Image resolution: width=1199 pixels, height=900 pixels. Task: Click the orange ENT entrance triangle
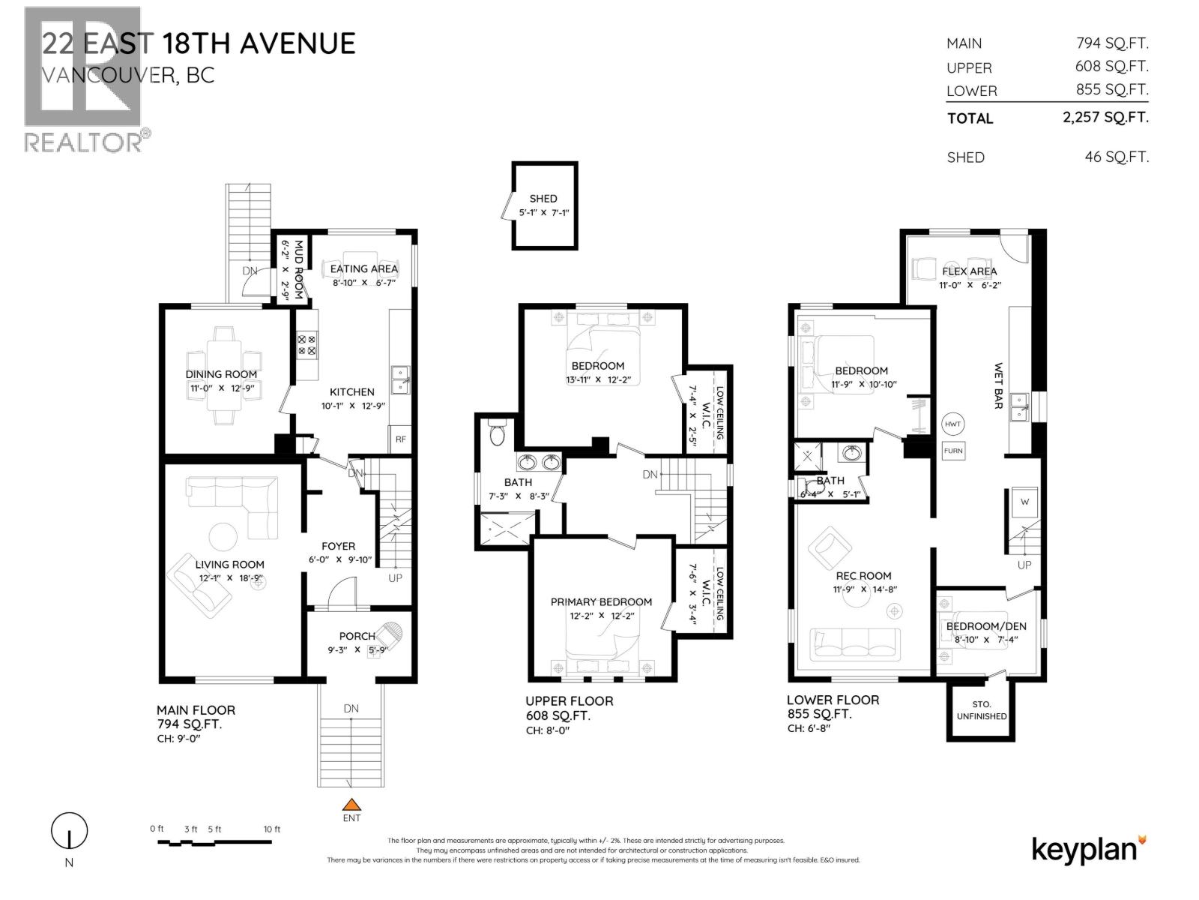tap(351, 804)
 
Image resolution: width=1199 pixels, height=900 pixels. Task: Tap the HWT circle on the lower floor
tap(952, 424)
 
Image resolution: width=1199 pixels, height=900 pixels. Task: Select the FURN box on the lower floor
tap(953, 451)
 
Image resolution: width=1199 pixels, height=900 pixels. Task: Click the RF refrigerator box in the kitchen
tap(401, 439)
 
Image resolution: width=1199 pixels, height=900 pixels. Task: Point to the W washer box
tap(1024, 502)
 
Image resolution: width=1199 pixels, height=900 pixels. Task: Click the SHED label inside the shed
tap(543, 199)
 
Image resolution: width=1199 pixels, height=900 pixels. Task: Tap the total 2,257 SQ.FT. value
tap(1105, 117)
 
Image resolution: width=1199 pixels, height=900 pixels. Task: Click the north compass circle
tap(69, 831)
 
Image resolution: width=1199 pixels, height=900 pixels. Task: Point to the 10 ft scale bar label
tap(272, 829)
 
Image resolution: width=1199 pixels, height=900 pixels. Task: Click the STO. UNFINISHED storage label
tap(982, 710)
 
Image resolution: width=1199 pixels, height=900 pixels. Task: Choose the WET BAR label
tap(998, 386)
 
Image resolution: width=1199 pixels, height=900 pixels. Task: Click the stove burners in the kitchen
tap(307, 344)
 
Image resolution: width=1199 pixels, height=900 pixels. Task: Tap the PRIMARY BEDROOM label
tap(601, 601)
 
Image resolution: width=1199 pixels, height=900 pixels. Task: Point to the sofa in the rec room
tap(855, 643)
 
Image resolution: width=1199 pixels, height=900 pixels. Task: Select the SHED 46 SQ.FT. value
tap(1117, 157)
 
